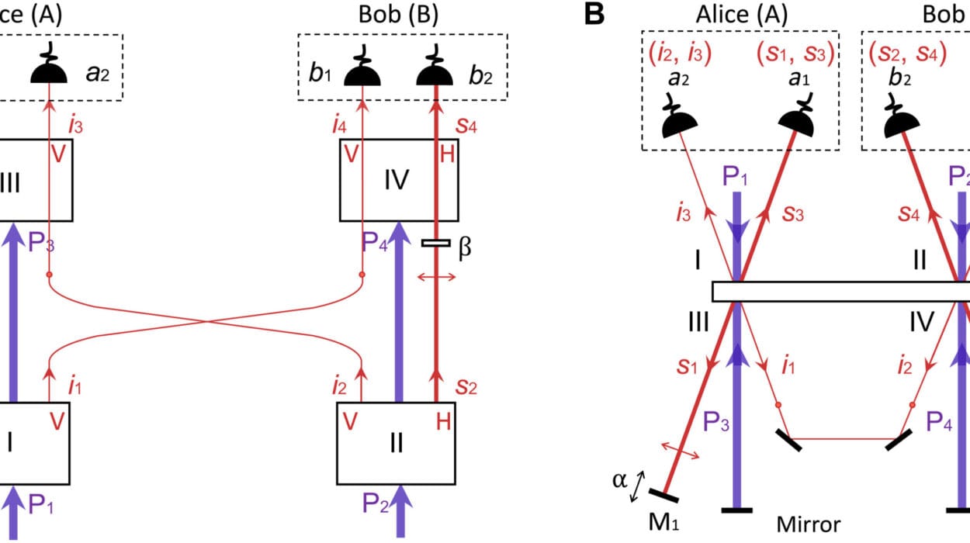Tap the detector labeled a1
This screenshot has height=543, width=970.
[x=797, y=119]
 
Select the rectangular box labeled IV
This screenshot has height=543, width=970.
[x=397, y=179]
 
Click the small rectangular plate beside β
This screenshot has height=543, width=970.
[x=436, y=244]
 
